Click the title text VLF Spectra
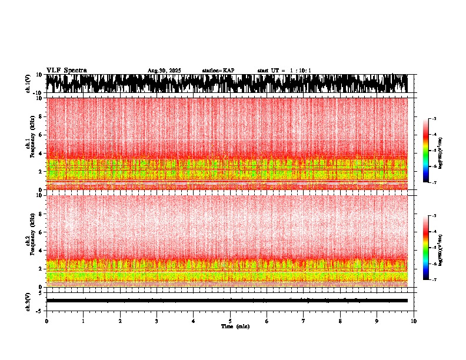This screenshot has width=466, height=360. tap(66, 71)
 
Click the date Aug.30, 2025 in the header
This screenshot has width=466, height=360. tap(164, 71)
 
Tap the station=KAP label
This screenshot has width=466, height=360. tap(218, 71)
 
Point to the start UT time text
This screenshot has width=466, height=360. tap(284, 71)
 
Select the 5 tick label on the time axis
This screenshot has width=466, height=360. tap(230, 321)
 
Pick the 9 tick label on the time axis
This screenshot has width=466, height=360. tap(377, 321)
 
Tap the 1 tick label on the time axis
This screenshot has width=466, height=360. tap(83, 321)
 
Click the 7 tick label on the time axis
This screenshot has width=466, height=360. tap(304, 321)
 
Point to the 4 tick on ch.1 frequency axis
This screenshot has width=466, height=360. tap(40, 154)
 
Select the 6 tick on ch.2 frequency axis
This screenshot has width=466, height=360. tap(40, 232)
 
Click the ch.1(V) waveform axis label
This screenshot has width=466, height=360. tap(28, 84)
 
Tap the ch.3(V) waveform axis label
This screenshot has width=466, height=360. tap(28, 301)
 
